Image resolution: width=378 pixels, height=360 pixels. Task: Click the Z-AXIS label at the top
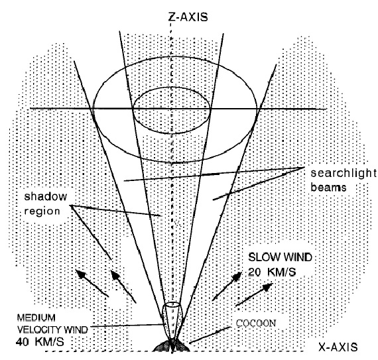coord(188,17)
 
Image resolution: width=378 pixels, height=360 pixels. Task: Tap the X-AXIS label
coord(338,347)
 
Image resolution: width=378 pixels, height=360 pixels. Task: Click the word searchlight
coord(344,173)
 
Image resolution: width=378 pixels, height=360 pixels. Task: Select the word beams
coord(328,187)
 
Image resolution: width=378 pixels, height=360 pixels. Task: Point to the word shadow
coord(46,196)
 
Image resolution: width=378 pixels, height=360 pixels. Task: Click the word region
coord(42,211)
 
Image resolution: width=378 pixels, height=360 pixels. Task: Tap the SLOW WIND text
coord(280,257)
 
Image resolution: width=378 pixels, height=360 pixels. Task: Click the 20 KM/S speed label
coord(272,272)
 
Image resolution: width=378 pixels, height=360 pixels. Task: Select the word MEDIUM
coord(36,318)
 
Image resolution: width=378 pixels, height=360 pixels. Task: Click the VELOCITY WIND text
coord(52,330)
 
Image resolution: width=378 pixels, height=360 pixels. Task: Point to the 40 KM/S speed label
coord(40,341)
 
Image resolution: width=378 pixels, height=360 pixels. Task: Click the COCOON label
coord(256,323)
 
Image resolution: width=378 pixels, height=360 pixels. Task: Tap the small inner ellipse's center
coord(171,110)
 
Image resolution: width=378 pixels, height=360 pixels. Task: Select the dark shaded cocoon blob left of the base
coord(162,346)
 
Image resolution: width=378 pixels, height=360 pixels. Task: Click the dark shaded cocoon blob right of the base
coord(182,346)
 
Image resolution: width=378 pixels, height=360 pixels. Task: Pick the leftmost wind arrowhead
coord(81,274)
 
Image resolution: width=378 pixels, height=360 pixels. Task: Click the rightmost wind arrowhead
coord(267,287)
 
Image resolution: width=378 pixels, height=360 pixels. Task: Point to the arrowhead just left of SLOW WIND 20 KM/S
coord(237,276)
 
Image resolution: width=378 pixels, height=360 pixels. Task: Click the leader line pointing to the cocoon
coord(210,335)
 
